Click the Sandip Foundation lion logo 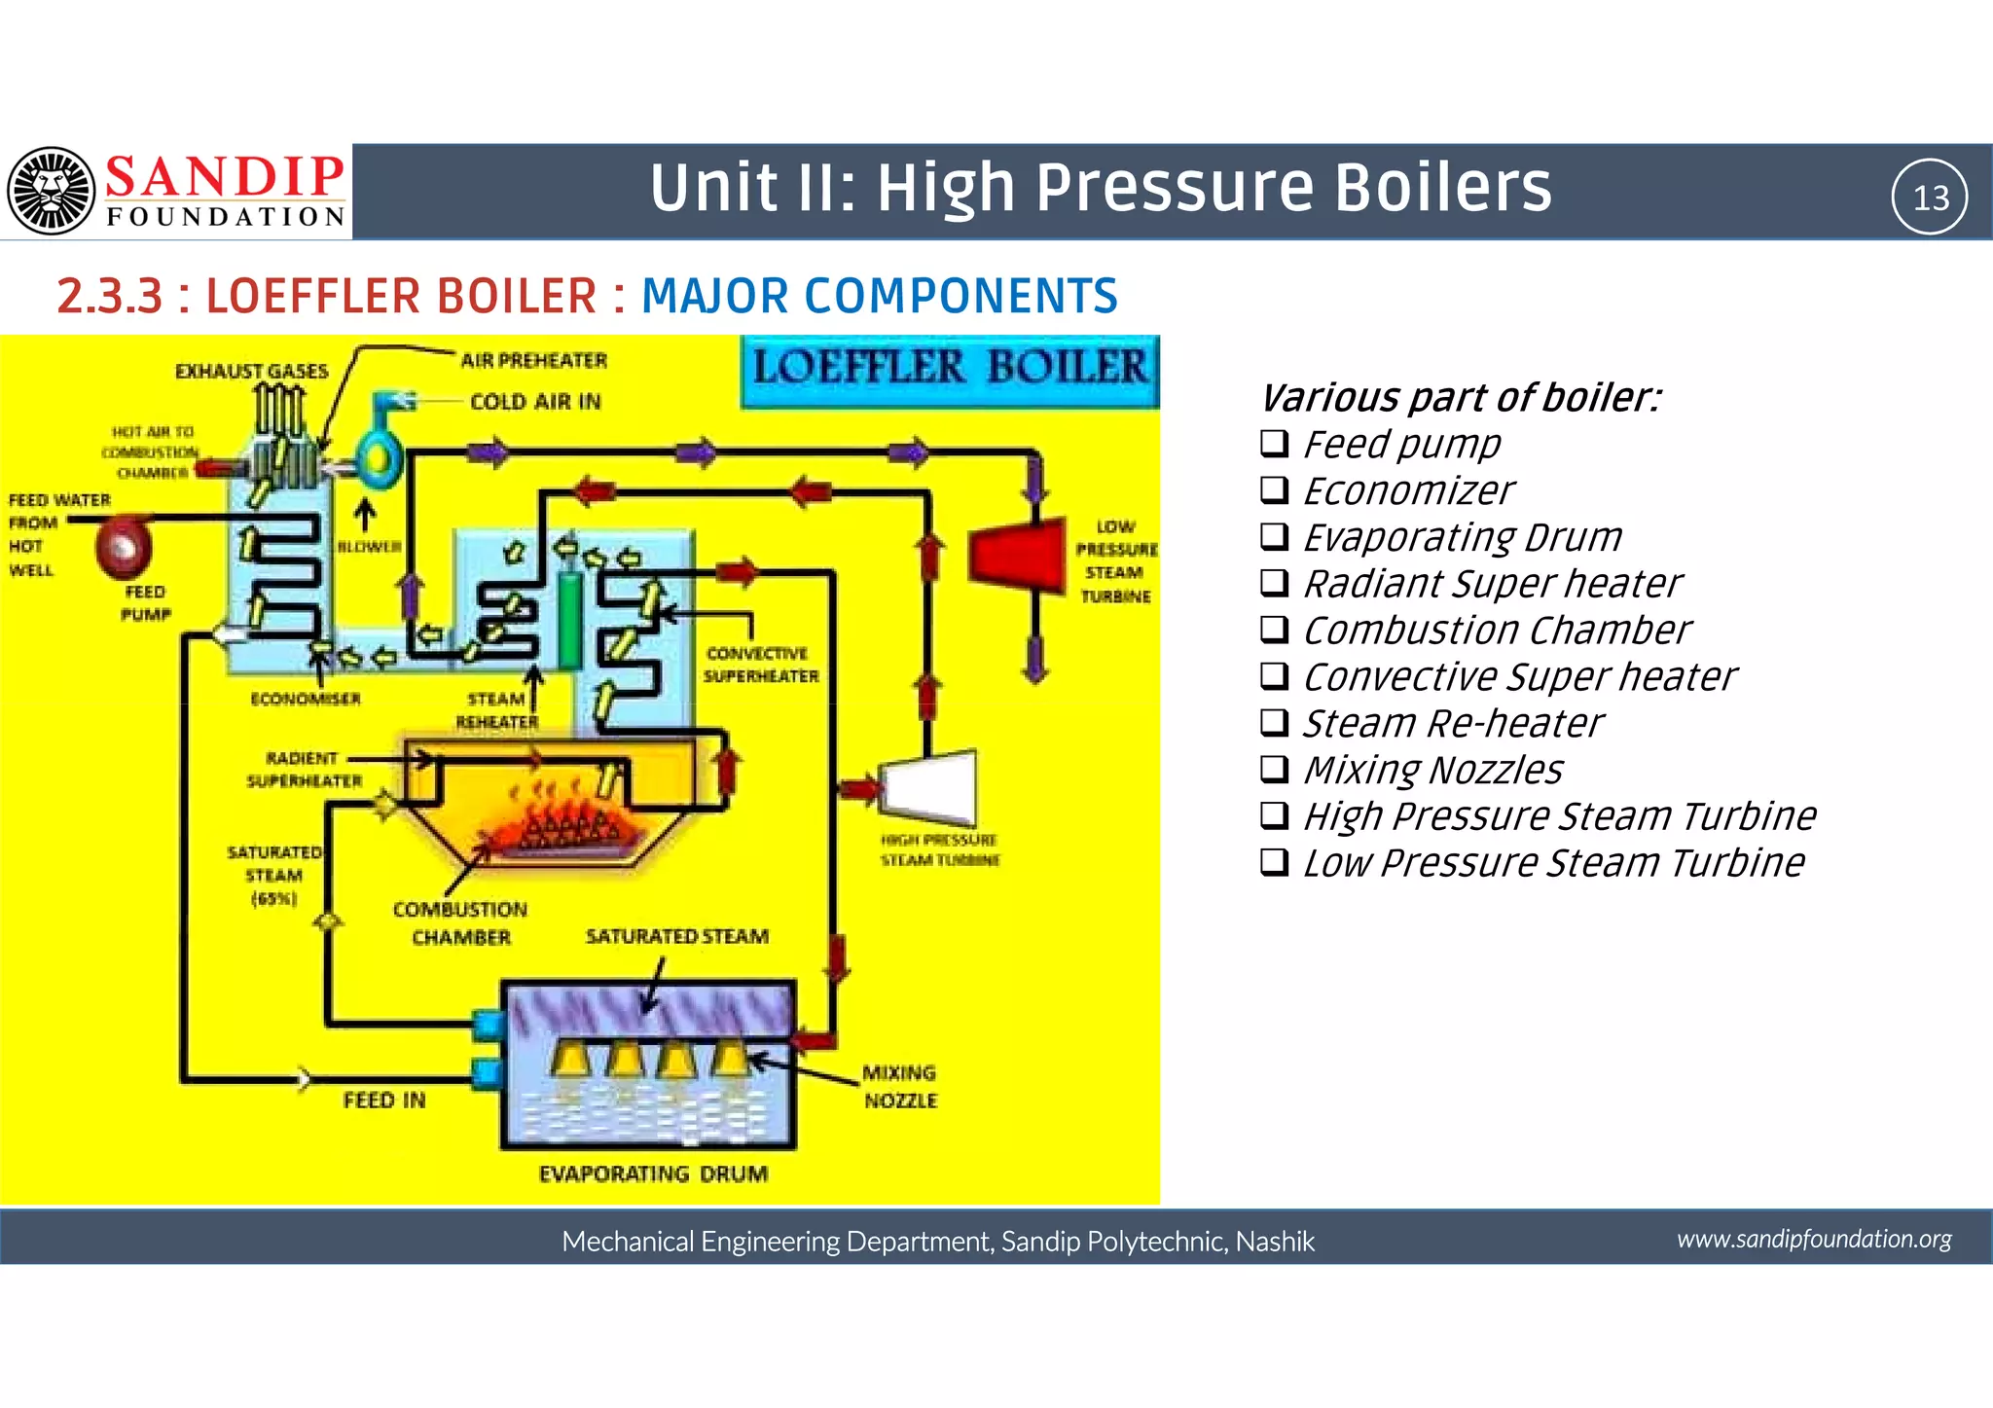[x=52, y=191]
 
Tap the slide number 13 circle [x=1929, y=197]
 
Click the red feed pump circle [x=124, y=547]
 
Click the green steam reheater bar [x=569, y=620]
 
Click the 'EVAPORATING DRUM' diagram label [x=653, y=1173]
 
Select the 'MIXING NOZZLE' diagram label [x=900, y=1086]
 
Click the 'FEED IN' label [x=384, y=1100]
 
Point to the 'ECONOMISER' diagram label [x=306, y=699]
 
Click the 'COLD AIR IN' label [x=535, y=402]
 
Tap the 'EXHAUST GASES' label [x=251, y=371]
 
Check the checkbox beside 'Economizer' [x=1274, y=489]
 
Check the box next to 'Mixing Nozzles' [x=1274, y=769]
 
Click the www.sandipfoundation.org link [x=1814, y=1239]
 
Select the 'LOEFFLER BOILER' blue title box [x=950, y=370]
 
